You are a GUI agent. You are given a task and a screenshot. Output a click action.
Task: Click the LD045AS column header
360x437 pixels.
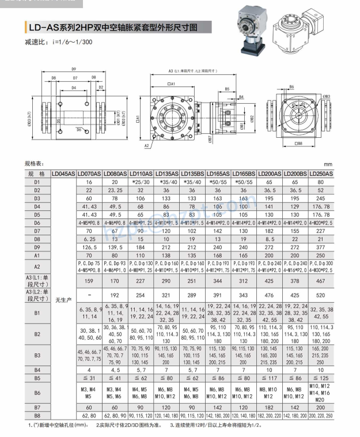[x=63, y=174]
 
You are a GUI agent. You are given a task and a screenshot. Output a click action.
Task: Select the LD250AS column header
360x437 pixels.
[x=321, y=174]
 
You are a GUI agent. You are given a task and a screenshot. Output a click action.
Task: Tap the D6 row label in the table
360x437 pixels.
[x=37, y=222]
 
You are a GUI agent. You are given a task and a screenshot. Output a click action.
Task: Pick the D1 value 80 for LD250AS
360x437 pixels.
[x=321, y=182]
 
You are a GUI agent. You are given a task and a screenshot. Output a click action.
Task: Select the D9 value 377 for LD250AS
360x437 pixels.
[x=321, y=246]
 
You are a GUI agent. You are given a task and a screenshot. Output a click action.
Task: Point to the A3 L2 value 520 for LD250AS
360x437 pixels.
[x=321, y=295]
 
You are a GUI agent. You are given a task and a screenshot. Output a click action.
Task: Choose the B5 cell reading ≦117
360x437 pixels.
[x=269, y=378]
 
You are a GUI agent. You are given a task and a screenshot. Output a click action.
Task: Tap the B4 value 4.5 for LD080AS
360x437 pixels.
[x=115, y=370]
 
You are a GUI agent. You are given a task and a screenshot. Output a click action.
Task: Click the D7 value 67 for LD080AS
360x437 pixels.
[x=115, y=230]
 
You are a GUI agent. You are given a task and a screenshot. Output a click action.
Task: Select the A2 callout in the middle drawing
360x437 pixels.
[x=147, y=146]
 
